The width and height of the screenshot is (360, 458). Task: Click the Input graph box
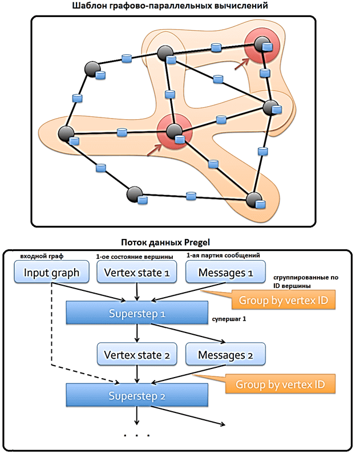(51, 273)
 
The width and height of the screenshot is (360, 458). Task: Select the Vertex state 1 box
(137, 273)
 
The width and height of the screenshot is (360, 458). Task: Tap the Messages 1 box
(225, 273)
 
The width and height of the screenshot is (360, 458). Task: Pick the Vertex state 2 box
(137, 355)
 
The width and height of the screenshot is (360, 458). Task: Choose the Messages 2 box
(225, 355)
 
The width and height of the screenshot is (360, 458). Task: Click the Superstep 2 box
(136, 395)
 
